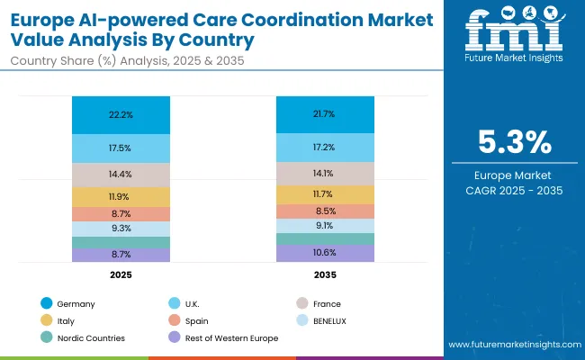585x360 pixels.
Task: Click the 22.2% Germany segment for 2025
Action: tap(121, 115)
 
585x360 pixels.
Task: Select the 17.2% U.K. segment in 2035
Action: tap(325, 146)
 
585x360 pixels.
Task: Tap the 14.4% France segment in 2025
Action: tap(121, 174)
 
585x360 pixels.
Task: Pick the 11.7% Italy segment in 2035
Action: tap(325, 194)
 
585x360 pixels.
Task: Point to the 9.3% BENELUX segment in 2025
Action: tap(121, 229)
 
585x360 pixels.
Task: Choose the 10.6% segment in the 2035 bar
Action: tap(325, 253)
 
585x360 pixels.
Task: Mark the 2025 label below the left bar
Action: tap(121, 274)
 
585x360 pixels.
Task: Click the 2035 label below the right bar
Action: tap(325, 274)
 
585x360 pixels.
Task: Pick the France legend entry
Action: tap(326, 304)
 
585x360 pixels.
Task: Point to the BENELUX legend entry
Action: tap(330, 321)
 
